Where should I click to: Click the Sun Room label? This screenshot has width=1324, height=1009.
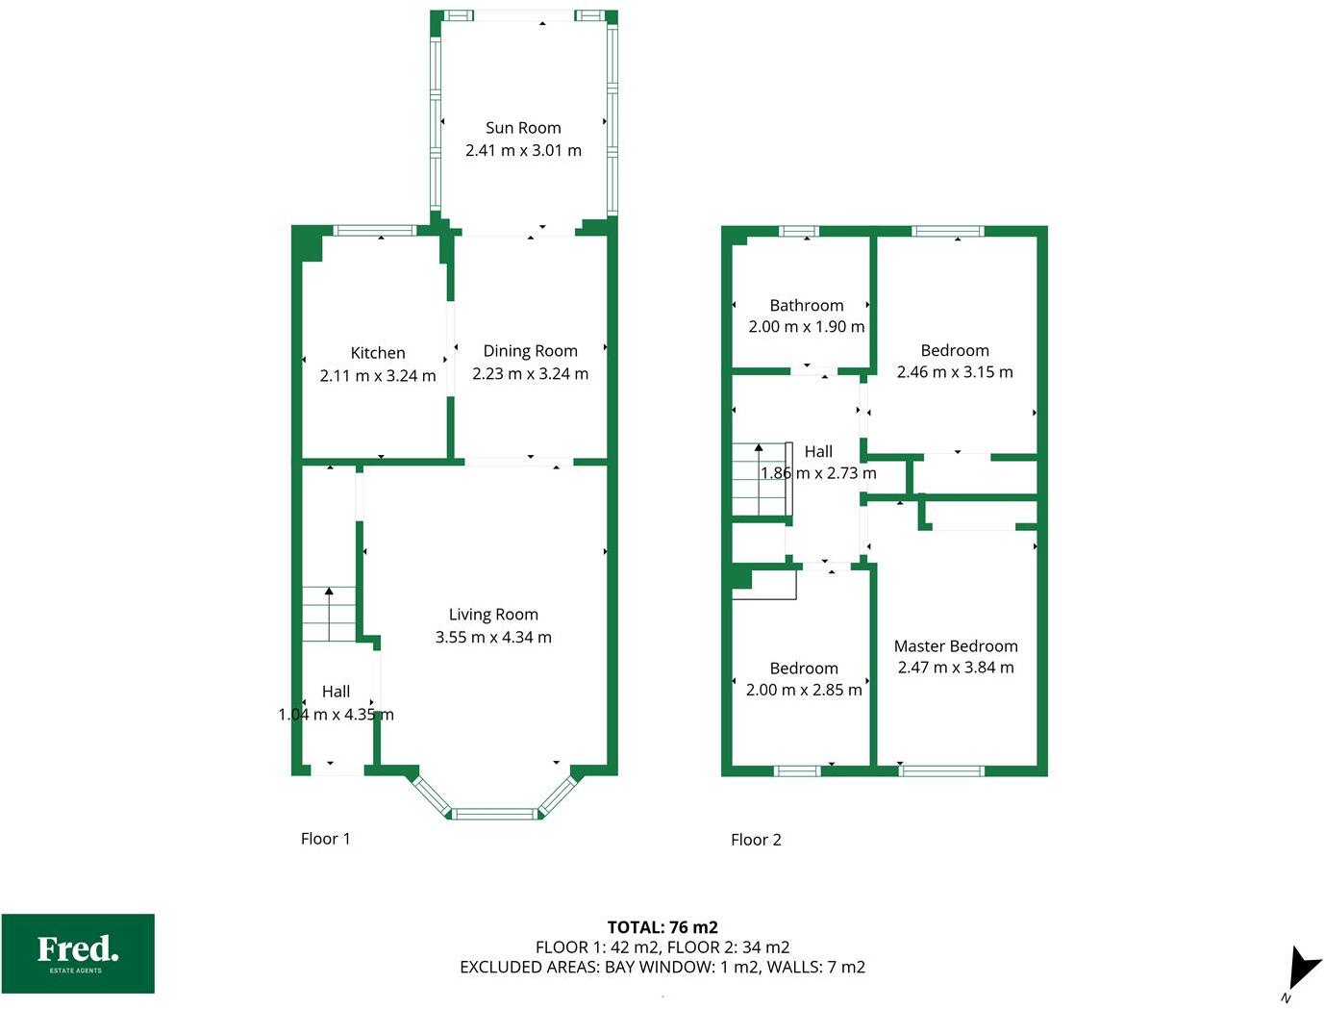523,128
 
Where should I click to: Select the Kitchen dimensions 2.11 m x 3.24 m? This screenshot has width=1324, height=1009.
377,375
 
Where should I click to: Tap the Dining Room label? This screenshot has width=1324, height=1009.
530,351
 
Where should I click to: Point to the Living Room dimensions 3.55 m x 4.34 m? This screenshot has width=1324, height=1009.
493,637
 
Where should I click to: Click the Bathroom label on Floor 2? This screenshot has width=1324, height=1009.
806,305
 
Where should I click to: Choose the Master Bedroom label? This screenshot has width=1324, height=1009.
955,646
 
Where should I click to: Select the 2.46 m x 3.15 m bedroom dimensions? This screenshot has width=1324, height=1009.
954,372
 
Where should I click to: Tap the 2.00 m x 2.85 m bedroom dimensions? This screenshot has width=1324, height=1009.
804,690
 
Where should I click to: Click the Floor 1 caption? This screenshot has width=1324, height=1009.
325,839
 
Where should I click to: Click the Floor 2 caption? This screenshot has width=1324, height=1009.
756,840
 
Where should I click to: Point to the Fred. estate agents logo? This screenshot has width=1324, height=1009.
78,953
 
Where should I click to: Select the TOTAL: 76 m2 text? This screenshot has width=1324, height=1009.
662,927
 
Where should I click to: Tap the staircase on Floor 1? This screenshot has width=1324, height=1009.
329,615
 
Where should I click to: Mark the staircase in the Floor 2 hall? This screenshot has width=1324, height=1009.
761,480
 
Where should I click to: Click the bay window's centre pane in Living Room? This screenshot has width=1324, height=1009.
494,814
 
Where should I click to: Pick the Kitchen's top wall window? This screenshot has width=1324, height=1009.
374,230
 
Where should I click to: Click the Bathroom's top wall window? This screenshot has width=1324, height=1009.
798,231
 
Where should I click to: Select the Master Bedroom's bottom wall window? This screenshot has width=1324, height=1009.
942,770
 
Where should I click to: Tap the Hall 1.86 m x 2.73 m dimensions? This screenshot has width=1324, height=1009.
818,473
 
